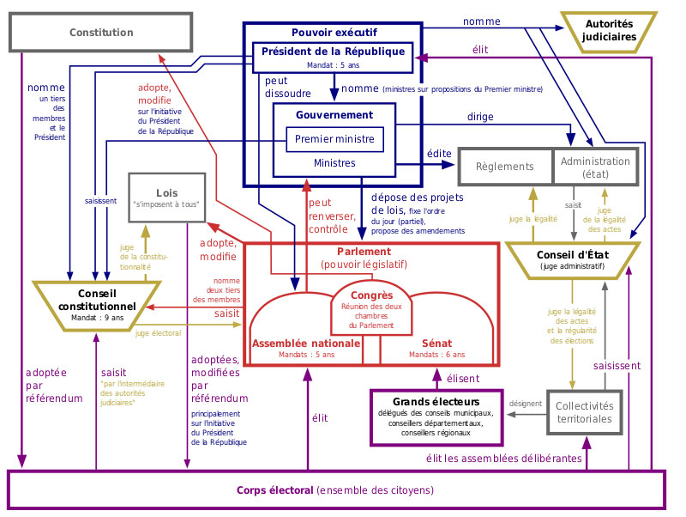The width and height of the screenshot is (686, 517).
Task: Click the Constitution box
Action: point(100,32)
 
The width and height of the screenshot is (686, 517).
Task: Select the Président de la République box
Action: point(333,58)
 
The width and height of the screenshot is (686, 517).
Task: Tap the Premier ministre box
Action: point(334,139)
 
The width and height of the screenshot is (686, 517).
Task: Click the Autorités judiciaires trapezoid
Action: point(609,32)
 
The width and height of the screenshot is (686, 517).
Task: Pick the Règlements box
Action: point(505,167)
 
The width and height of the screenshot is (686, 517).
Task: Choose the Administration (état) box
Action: point(595,167)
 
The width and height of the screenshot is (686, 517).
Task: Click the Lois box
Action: point(166,198)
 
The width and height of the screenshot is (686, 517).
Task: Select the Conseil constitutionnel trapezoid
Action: point(97,306)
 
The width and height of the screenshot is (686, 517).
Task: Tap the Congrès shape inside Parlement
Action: point(371,308)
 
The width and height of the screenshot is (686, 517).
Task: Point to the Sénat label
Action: point(436,344)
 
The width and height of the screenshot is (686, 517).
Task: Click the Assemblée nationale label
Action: point(306,344)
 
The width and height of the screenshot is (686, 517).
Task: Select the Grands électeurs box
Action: point(436,417)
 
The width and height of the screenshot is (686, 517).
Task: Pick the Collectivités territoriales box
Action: point(585,412)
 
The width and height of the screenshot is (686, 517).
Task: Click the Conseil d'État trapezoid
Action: point(573,260)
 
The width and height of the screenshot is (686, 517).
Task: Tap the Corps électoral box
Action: point(336,490)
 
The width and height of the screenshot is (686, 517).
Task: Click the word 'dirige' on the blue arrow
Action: point(480,117)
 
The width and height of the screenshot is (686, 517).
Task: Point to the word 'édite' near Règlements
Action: point(439,154)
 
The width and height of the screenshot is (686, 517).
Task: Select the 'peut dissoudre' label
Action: point(288,87)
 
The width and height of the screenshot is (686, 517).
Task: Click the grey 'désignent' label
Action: point(526,404)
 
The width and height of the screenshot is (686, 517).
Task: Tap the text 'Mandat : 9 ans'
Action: point(97,318)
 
